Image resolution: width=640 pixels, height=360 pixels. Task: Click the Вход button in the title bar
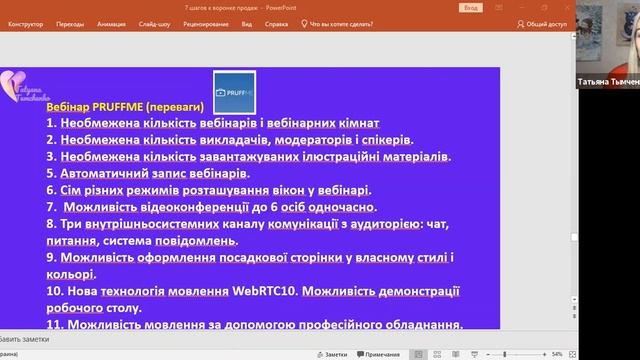pos(471,7)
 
